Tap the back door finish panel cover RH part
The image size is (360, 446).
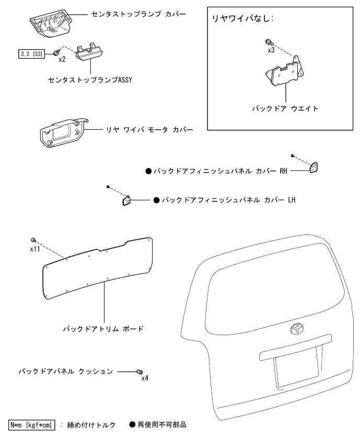(x=314, y=167)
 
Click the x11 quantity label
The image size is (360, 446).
(x=35, y=249)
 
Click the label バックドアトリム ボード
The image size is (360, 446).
(x=102, y=329)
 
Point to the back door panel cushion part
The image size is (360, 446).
(x=139, y=371)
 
